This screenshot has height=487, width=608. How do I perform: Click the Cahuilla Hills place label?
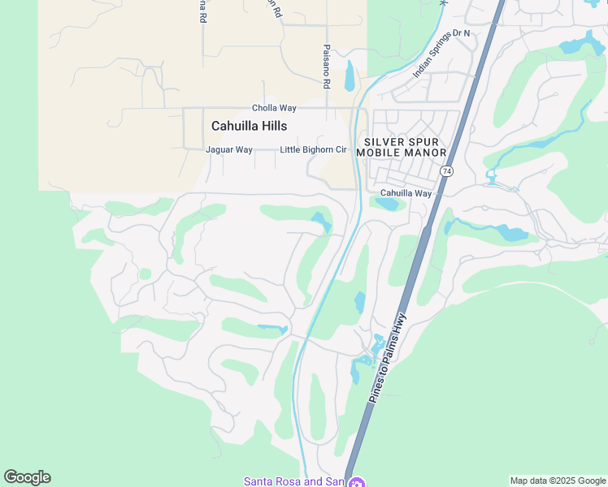tap(249, 126)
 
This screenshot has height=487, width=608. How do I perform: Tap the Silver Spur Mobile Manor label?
tap(401, 147)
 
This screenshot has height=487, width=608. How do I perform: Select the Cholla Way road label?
tap(274, 108)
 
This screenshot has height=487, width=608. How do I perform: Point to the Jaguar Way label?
tap(229, 150)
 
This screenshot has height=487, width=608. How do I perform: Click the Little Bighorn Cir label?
tap(313, 150)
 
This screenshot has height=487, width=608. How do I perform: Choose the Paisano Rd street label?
tap(326, 67)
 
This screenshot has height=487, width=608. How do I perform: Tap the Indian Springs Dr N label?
tap(441, 53)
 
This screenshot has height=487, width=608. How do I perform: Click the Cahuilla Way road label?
tap(406, 193)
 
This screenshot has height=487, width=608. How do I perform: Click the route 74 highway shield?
tap(446, 171)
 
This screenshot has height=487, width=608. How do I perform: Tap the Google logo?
tap(27, 477)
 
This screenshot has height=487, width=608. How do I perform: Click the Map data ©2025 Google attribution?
tap(558, 481)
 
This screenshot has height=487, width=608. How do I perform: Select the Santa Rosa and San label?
tap(293, 481)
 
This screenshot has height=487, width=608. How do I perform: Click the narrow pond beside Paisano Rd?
tap(350, 77)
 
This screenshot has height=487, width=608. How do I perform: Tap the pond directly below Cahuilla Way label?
tap(389, 205)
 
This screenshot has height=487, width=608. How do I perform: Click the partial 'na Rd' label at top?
tap(202, 11)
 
